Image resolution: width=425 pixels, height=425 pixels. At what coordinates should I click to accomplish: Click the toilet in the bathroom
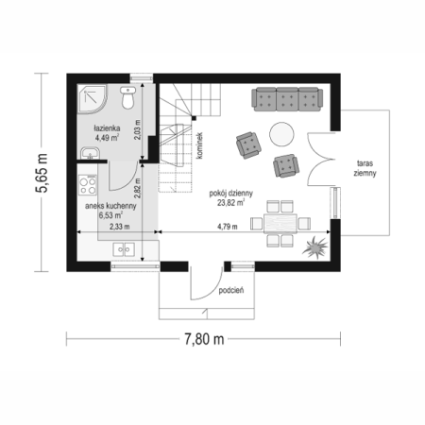coord(127,98)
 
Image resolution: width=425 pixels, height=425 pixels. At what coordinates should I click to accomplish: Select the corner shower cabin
coord(92,98)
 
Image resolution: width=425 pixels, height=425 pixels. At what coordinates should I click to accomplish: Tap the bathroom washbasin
coord(91,154)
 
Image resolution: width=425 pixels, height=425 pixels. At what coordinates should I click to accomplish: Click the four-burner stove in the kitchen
coord(88,185)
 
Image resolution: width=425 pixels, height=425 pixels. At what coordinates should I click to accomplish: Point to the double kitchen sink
coord(124,249)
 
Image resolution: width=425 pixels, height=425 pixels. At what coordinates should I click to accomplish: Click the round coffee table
coord(281,134)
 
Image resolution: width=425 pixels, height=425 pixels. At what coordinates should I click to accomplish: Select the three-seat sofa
coord(287,99)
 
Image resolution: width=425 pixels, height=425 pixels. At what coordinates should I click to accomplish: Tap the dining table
coord(280,224)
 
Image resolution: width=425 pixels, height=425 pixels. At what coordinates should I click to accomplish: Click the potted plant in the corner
coord(315,247)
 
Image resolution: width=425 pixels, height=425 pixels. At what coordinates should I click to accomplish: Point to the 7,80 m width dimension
coord(204,339)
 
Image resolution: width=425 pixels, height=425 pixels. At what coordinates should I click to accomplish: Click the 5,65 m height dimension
coord(42,173)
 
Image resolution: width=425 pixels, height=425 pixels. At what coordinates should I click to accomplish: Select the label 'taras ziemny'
coord(365,168)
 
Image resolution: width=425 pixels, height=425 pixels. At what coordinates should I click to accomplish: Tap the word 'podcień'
coord(231,290)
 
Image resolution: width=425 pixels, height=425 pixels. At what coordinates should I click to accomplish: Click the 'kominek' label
coord(199,145)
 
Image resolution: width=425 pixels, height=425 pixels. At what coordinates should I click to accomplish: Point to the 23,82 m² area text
coord(231,203)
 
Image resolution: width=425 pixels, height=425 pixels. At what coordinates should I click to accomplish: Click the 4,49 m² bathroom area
coord(107,137)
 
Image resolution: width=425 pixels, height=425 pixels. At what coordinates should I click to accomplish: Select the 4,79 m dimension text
coord(228,227)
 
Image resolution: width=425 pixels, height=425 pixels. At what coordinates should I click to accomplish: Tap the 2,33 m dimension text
coord(119,227)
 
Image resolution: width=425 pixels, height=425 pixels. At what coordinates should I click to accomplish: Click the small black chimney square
coord(194,118)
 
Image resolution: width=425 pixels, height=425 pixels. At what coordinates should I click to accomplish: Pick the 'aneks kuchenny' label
coord(110,206)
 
